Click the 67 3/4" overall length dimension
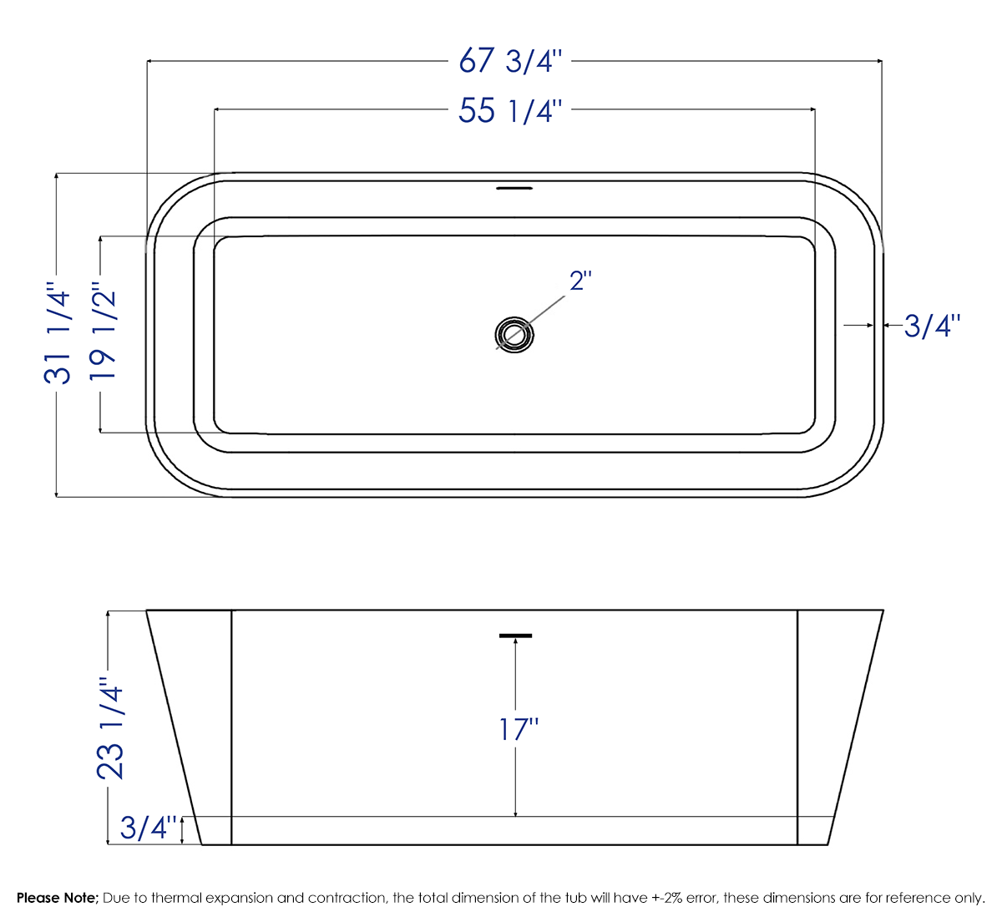512,61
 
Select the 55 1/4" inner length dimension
512,110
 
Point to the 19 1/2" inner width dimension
103,334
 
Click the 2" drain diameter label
580,281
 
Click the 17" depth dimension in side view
518,729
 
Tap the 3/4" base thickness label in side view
149,828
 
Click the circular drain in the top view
514,334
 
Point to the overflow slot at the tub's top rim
514,188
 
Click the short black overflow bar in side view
515,636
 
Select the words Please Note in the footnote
58,898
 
